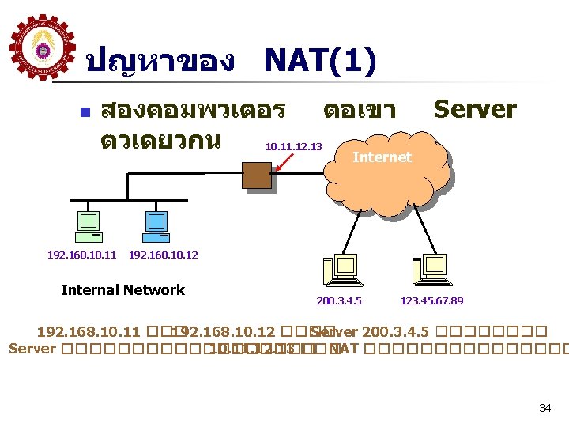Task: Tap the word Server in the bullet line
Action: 474,109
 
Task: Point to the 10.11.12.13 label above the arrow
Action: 293,146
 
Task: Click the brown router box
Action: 257,176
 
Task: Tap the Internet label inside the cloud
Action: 382,157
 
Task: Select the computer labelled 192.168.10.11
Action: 87,226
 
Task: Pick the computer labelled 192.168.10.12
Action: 156,226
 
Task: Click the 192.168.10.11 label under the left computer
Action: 81,255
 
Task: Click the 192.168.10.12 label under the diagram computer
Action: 163,255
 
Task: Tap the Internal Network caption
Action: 122,290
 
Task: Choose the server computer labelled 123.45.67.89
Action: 430,270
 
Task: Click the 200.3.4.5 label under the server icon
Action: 339,301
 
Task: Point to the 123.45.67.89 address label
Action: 431,301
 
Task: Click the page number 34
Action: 545,408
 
